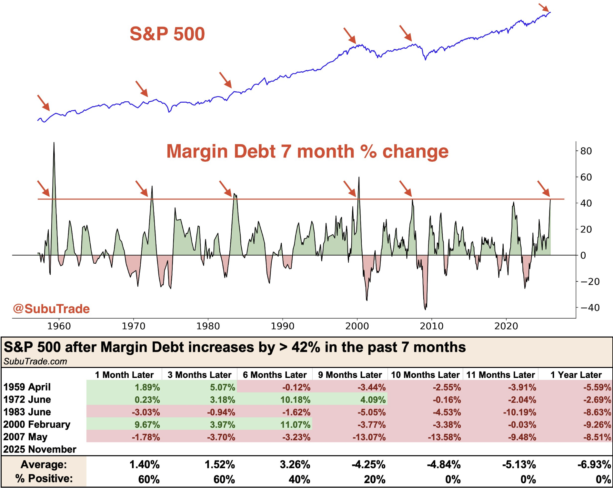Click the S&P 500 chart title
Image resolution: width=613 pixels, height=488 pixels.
click(x=167, y=34)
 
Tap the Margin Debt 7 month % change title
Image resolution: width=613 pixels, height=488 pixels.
click(x=307, y=151)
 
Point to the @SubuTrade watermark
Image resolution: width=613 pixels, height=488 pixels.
click(x=51, y=309)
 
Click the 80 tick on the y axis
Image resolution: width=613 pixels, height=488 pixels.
click(x=586, y=151)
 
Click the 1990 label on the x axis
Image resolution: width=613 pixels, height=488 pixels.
click(x=283, y=326)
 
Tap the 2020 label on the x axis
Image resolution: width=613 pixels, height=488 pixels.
click(x=506, y=326)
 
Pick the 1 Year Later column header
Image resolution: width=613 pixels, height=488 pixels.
click(x=576, y=375)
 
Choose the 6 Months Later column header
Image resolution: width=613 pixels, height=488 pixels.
click(x=275, y=375)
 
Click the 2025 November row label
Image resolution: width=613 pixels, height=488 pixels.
click(x=40, y=449)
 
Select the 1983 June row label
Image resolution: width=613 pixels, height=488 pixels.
click(x=27, y=412)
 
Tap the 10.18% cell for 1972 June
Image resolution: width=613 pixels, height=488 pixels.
click(x=295, y=400)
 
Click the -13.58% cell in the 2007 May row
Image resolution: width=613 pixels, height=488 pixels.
click(x=444, y=437)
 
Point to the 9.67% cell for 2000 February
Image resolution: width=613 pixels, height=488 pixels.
click(x=147, y=425)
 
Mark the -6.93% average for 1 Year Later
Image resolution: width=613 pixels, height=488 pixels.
click(x=594, y=465)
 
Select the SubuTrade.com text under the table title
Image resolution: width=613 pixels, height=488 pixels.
click(x=35, y=361)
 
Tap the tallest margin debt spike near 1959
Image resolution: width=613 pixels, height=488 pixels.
click(x=54, y=144)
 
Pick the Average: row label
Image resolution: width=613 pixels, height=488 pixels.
click(x=44, y=465)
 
